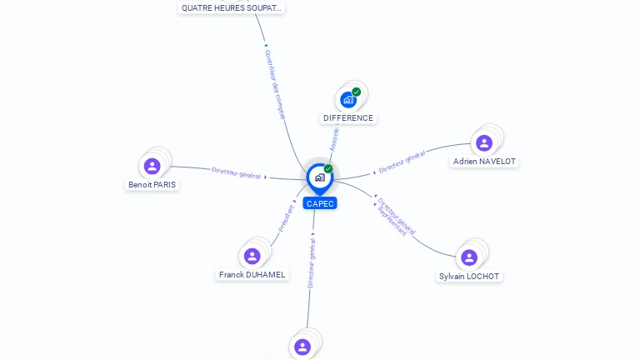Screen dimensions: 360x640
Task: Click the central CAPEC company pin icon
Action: [x=318, y=177]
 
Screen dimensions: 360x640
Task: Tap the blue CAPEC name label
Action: [x=320, y=203]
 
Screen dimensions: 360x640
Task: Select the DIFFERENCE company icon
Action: [x=348, y=100]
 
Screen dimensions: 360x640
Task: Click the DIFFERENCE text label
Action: [x=348, y=118]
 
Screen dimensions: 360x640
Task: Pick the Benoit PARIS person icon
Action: [x=152, y=166]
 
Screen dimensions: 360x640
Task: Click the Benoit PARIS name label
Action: [x=152, y=185]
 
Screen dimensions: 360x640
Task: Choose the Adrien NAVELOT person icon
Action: [x=483, y=142]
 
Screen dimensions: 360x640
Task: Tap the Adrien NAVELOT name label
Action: [x=484, y=162]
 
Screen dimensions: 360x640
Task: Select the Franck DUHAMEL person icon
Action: [x=251, y=256]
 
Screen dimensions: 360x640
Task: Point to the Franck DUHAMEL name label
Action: [x=252, y=275]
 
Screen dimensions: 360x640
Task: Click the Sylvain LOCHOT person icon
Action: [x=469, y=257]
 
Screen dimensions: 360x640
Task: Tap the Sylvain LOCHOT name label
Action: [x=471, y=277]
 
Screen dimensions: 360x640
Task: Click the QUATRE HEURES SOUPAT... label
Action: [x=232, y=8]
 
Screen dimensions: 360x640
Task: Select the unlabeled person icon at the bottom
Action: [x=302, y=346]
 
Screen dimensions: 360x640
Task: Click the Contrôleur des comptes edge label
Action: [x=275, y=83]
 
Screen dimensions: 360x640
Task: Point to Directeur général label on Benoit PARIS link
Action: [x=236, y=172]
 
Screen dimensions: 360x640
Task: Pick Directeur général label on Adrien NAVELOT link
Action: [x=402, y=162]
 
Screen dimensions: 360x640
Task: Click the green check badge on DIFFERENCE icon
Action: [x=357, y=92]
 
